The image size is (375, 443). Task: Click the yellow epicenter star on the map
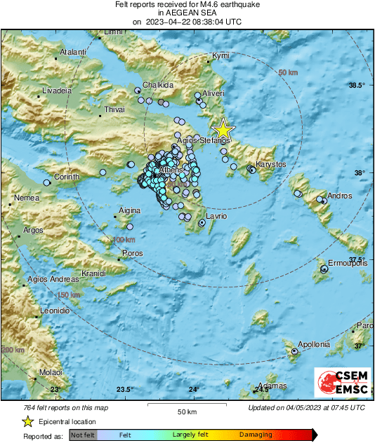pos(223,130)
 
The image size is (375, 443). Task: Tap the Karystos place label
pos(270,164)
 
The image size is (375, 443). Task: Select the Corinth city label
pos(67,177)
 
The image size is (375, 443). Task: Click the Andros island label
pos(339,196)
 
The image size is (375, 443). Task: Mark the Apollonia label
pos(313,344)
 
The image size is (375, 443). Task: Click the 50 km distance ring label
pos(288,73)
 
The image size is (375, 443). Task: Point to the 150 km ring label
pos(69,295)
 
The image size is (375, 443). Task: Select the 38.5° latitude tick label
pos(357,86)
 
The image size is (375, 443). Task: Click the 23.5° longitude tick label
pos(124,390)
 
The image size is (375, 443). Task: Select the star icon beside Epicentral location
pos(27,421)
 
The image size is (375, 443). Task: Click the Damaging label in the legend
pos(254,435)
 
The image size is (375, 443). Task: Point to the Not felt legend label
pos(83,435)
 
